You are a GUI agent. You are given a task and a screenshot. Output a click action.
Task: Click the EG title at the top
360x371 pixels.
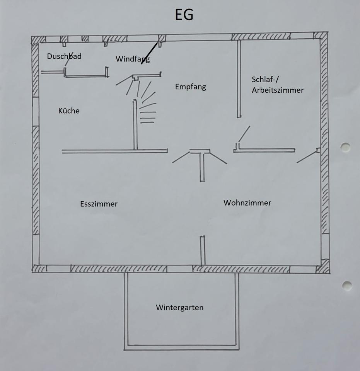[x=184, y=14]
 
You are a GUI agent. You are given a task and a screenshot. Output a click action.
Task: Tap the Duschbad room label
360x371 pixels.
[x=64, y=56]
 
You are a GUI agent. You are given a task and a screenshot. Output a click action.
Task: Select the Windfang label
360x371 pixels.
[x=133, y=59]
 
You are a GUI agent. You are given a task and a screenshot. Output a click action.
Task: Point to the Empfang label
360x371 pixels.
[x=191, y=87]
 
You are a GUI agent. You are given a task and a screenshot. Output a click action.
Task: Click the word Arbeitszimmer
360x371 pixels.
[x=278, y=90]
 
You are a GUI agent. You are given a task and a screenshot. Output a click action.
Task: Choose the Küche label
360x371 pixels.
[x=69, y=111]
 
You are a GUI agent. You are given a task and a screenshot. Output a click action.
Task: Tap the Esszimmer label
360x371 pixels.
[x=99, y=204]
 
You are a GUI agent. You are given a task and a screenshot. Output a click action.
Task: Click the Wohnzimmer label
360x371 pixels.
[x=247, y=203]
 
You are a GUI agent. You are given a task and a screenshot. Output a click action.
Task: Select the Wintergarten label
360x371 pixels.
[x=180, y=308]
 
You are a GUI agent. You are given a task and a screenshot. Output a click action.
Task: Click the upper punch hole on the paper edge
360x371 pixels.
[x=345, y=147]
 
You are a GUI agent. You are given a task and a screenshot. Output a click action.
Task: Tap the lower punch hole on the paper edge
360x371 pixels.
[x=347, y=286]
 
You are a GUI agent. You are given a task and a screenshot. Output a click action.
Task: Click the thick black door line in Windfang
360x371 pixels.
[x=149, y=53]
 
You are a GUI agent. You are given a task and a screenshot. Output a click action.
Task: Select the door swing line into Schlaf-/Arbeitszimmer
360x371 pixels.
[x=244, y=134]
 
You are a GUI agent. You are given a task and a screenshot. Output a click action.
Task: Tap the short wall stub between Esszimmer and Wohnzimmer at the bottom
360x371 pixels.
[x=202, y=250]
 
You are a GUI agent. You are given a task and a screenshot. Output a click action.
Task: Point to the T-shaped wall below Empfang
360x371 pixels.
[x=200, y=161]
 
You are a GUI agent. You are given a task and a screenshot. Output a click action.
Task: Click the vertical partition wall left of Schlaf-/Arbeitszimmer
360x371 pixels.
[x=239, y=79]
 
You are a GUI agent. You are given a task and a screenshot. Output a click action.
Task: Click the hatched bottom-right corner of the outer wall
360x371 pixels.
[x=323, y=267]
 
